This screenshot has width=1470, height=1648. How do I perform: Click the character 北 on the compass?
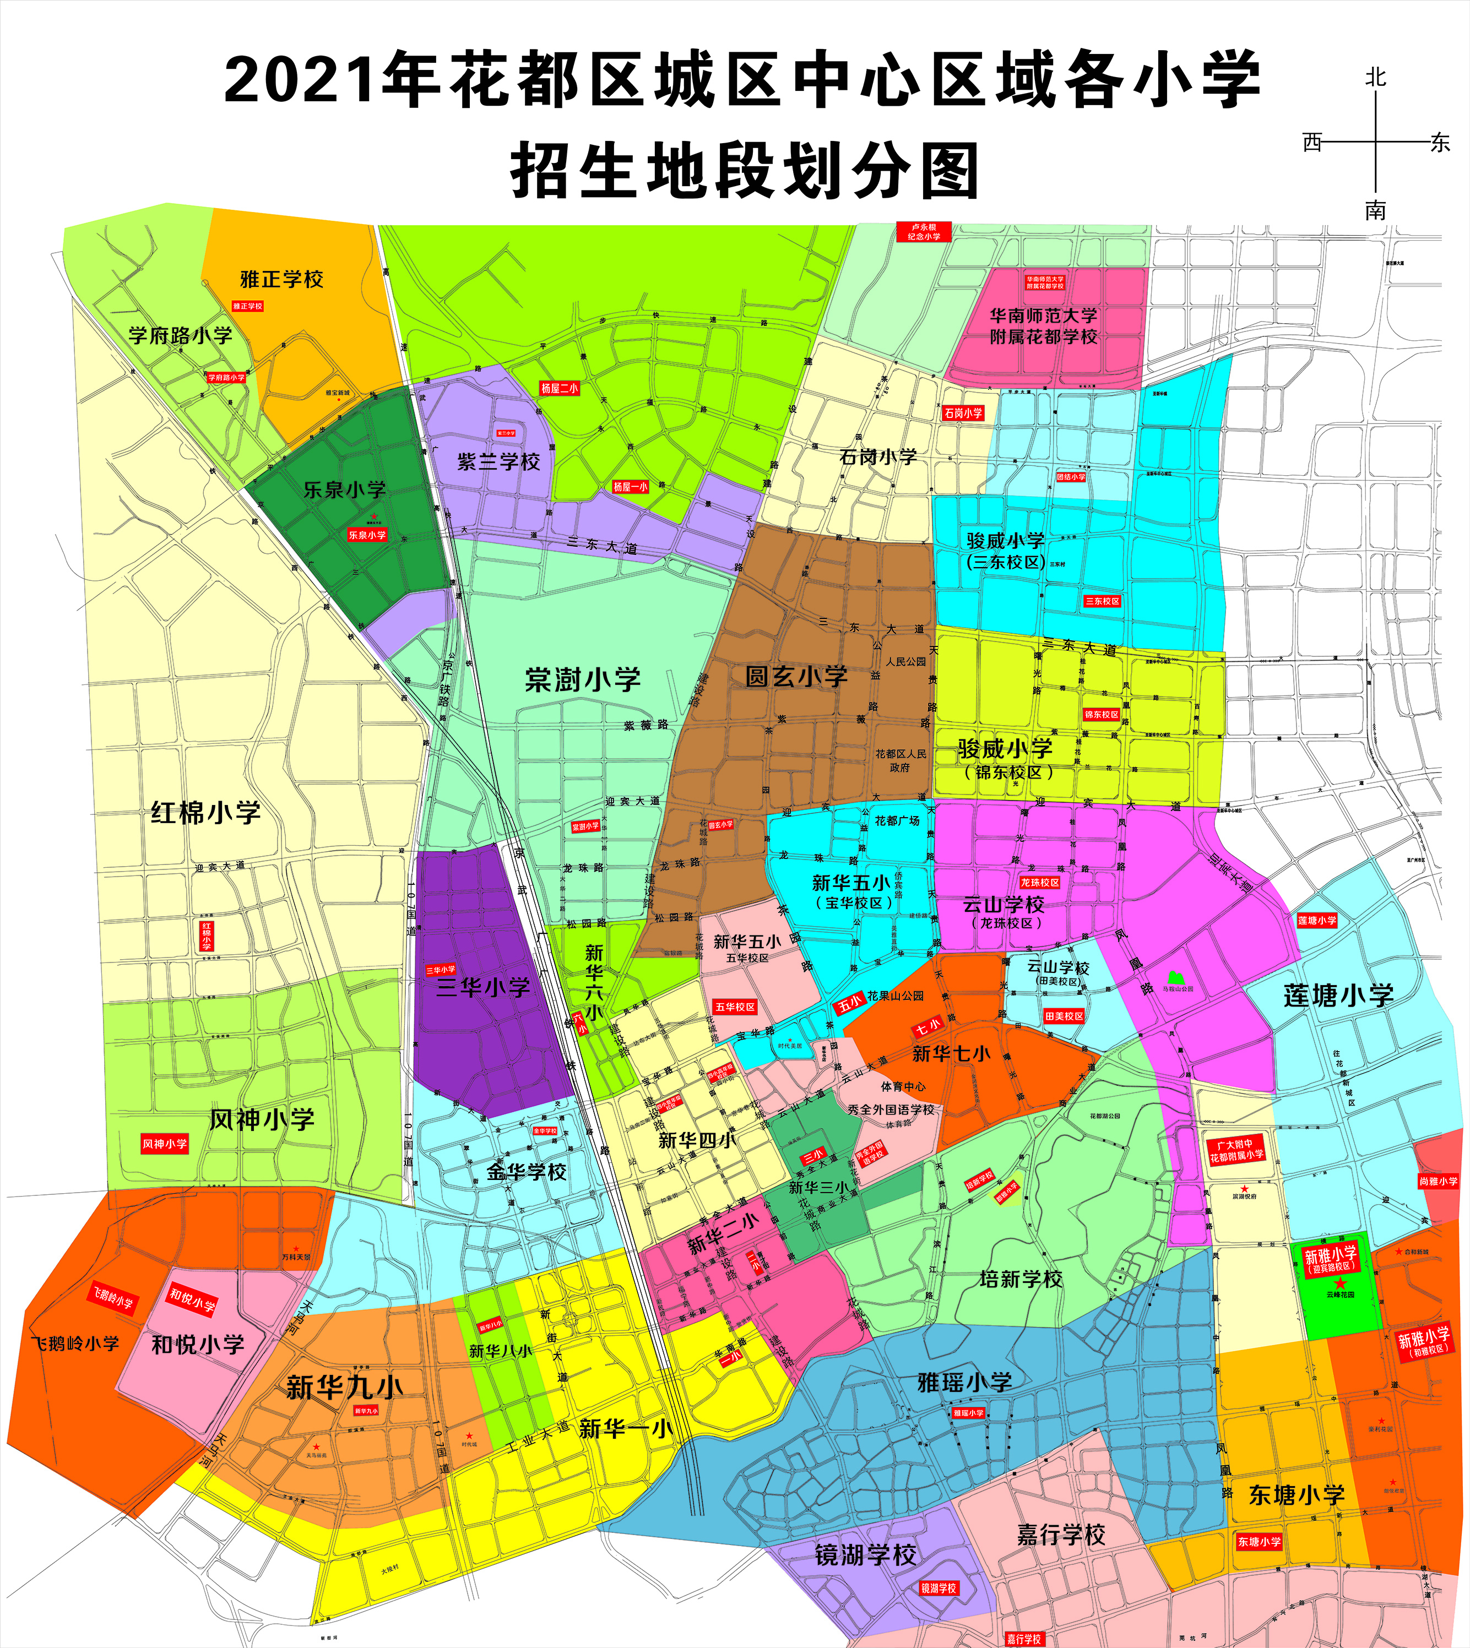click(x=1375, y=78)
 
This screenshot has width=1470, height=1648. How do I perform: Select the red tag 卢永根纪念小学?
click(x=923, y=232)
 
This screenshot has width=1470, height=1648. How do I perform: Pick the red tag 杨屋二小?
click(x=559, y=388)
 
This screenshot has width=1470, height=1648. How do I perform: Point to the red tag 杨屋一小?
click(x=630, y=487)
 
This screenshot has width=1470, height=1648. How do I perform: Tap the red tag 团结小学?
click(x=1071, y=477)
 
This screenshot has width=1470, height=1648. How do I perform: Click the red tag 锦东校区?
click(x=1102, y=715)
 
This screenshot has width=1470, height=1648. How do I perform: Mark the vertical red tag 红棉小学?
click(x=207, y=936)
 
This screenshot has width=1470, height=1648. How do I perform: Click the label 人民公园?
click(x=905, y=661)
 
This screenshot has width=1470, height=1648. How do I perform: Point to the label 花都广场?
click(x=897, y=820)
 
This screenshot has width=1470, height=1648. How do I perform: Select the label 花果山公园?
click(x=895, y=996)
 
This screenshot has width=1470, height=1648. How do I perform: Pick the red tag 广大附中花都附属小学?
click(x=1236, y=1151)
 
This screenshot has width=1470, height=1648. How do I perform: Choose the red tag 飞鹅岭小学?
click(x=112, y=1298)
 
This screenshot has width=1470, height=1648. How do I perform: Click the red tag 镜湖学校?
click(x=939, y=1587)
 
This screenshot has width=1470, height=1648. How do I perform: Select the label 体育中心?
click(x=903, y=1087)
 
